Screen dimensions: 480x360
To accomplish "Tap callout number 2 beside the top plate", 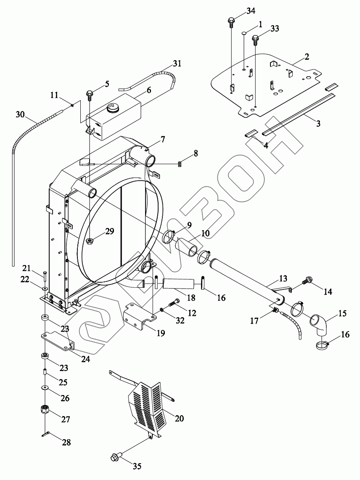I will tap(307, 57).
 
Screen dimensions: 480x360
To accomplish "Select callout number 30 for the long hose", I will tap(20, 114).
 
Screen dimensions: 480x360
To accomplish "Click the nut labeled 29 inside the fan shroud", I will tap(89, 241).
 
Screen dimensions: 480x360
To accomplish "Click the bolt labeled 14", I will tap(308, 279).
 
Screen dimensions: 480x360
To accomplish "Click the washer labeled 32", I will tap(162, 311).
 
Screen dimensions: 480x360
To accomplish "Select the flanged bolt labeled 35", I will tap(116, 457).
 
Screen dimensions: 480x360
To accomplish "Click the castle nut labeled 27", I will tap(44, 409).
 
